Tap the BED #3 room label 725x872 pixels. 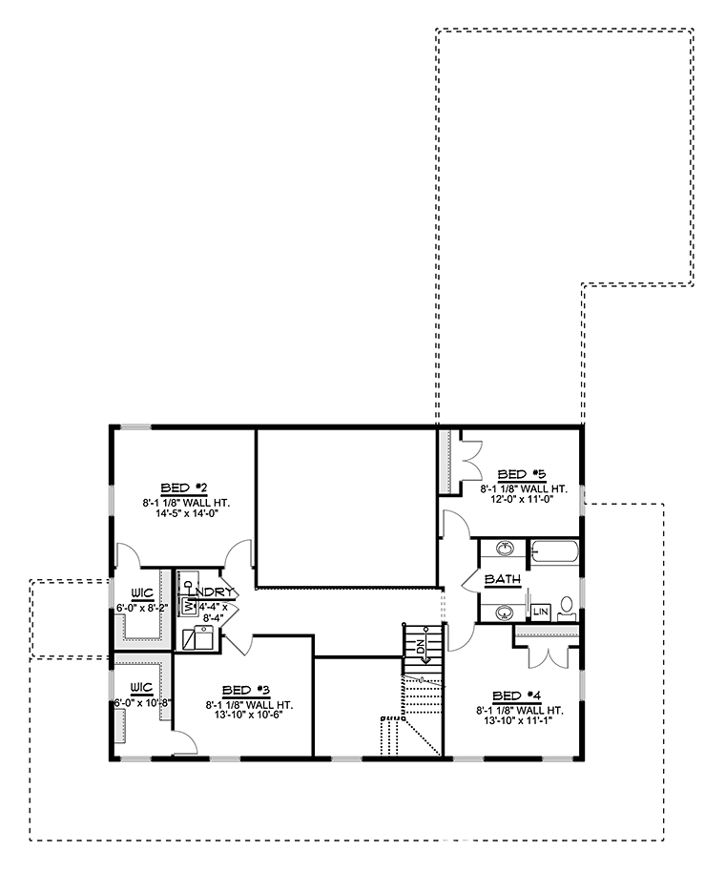click(246, 691)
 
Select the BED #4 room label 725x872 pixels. click(516, 696)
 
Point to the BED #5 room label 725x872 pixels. click(522, 474)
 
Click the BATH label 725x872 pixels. click(503, 579)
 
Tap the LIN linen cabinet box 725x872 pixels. click(541, 612)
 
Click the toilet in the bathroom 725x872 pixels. click(567, 609)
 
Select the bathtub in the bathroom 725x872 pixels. click(554, 553)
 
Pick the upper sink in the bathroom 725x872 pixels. click(506, 549)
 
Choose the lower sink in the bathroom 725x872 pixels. click(506, 612)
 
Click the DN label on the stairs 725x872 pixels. click(421, 648)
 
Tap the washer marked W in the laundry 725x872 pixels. click(189, 606)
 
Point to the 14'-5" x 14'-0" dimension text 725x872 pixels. click(187, 513)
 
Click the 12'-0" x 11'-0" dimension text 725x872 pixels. click(523, 499)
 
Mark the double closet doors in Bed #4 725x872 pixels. click(547, 656)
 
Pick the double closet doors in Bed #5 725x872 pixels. click(471, 459)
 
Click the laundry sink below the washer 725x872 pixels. click(198, 637)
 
